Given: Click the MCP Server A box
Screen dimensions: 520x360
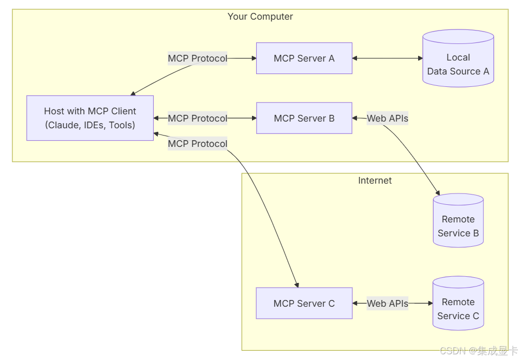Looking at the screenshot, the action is coord(304,58).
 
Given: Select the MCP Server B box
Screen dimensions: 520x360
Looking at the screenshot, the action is coord(304,118).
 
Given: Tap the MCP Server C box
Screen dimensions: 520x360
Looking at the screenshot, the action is coord(304,303).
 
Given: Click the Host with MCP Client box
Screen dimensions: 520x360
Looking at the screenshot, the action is coord(90,118).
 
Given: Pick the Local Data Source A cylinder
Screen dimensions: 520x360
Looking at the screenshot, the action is coord(458,58).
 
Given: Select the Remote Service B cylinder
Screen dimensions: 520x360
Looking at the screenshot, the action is coord(458,220).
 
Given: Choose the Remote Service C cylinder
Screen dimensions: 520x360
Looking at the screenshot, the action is coord(458,303).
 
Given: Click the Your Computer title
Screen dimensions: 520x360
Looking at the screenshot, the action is coord(260,17).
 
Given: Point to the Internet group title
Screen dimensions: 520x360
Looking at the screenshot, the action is coord(375,181).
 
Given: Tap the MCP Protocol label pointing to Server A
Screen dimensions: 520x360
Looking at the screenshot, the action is coord(197,58).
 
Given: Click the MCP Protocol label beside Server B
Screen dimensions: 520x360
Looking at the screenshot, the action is coord(197,118).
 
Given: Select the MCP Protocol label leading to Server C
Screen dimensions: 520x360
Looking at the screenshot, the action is coord(197,144).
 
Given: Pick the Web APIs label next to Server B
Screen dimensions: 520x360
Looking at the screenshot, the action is coord(388,118).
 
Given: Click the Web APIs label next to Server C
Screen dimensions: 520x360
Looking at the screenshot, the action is coord(388,303).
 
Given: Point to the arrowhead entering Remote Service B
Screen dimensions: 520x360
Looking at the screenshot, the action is coord(438,192).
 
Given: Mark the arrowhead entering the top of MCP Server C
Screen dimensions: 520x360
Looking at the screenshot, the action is coord(297,285).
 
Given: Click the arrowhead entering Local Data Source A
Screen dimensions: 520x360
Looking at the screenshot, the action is coord(421,58).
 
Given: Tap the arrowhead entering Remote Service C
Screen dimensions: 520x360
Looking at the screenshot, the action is coord(430,303).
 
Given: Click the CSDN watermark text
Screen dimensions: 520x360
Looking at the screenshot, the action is coord(479,351).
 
